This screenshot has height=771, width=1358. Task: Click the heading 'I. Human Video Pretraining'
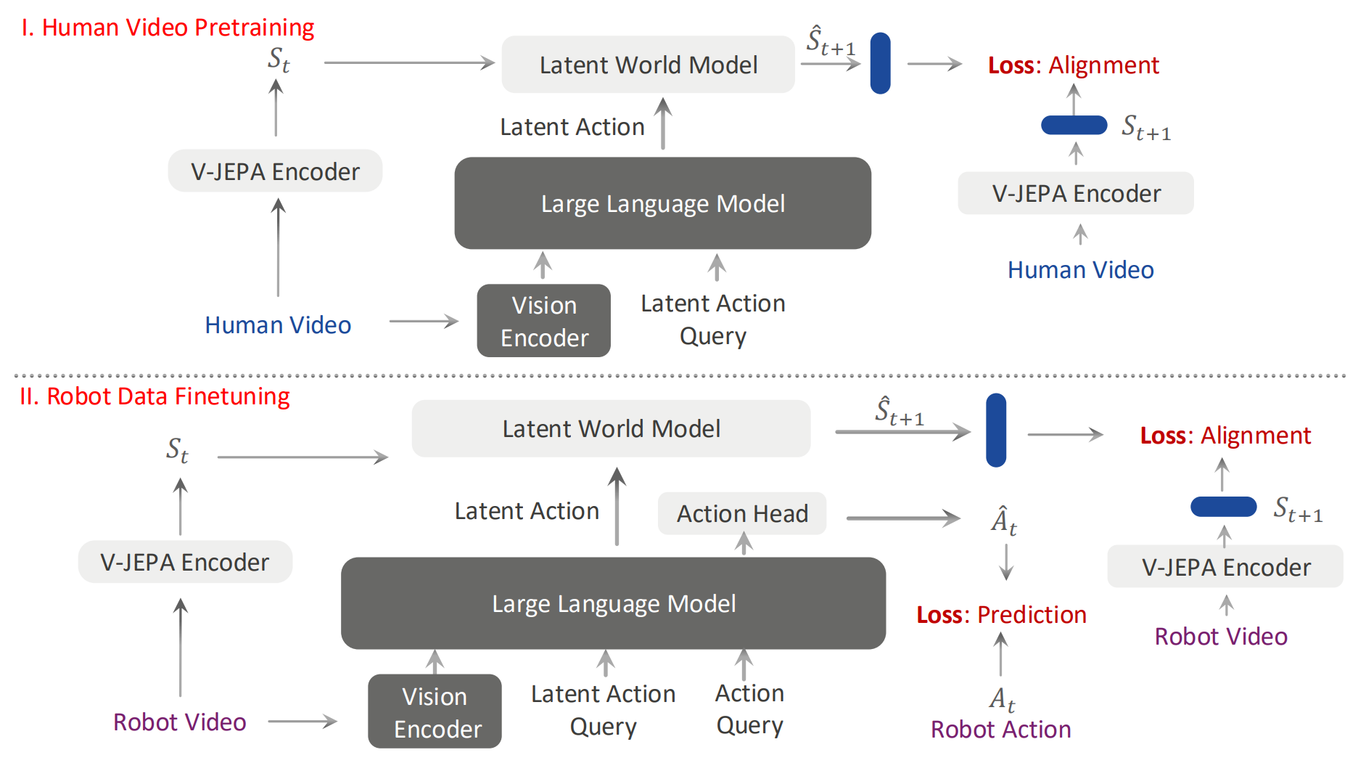(168, 28)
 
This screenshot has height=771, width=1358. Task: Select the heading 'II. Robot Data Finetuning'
(155, 396)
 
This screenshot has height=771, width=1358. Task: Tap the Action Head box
(742, 513)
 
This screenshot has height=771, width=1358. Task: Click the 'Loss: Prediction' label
(1001, 615)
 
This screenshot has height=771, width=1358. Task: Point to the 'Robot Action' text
(1001, 730)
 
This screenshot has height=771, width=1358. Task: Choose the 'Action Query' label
(750, 709)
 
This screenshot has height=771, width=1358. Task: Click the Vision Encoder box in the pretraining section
(544, 321)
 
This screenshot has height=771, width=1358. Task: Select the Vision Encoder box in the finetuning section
(435, 711)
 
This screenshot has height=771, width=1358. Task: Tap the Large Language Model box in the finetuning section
(614, 603)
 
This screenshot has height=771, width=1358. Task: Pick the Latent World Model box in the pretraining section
(649, 65)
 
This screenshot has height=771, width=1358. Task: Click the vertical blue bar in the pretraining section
(881, 63)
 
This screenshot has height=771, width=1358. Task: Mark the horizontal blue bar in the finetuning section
(1224, 507)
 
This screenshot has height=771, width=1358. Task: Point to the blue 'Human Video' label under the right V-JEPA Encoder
(1081, 270)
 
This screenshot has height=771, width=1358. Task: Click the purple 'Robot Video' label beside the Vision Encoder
(180, 722)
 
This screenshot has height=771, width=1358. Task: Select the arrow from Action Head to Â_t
(904, 518)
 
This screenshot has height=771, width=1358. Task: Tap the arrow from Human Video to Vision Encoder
(424, 321)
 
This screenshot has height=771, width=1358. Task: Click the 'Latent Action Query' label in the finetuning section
(604, 710)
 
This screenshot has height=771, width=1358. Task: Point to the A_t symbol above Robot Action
(1002, 698)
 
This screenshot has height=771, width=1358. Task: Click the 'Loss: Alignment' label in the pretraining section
(1074, 65)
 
